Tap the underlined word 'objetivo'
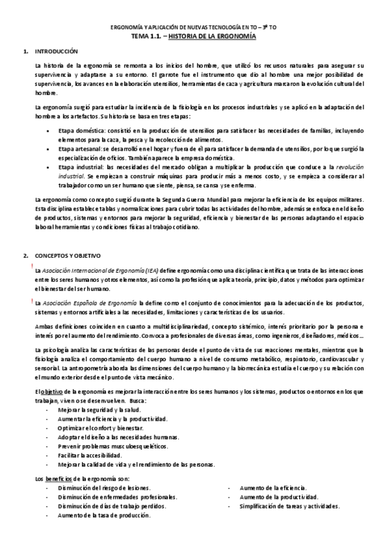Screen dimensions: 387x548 [x=52, y=392]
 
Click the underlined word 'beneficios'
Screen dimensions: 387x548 [x=59, y=478]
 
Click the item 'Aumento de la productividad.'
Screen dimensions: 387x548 [x=278, y=498]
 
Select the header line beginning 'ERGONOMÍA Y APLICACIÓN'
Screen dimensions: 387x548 [x=193, y=28]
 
